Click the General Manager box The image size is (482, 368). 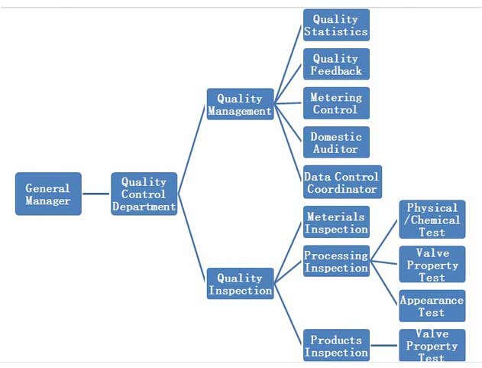tap(48, 194)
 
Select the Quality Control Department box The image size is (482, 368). tap(144, 194)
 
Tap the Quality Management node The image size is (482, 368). tap(240, 104)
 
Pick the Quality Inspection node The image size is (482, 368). tap(240, 284)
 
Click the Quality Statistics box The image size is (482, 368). tap(336, 24)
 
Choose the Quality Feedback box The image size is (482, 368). tap(336, 64)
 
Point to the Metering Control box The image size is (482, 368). tap(336, 103)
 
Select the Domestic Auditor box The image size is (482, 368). tap(336, 142)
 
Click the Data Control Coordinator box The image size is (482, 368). tap(342, 182)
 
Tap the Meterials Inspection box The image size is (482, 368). tap(336, 222)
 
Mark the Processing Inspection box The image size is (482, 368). tap(336, 262)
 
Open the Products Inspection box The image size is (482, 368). tap(336, 345)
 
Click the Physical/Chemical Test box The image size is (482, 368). tap(432, 220)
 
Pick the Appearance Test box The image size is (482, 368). tap(432, 306)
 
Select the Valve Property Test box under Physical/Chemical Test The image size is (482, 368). tap(432, 265)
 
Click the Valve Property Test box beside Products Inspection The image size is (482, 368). tap(432, 345)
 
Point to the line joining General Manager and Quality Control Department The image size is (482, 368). tap(95, 194)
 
